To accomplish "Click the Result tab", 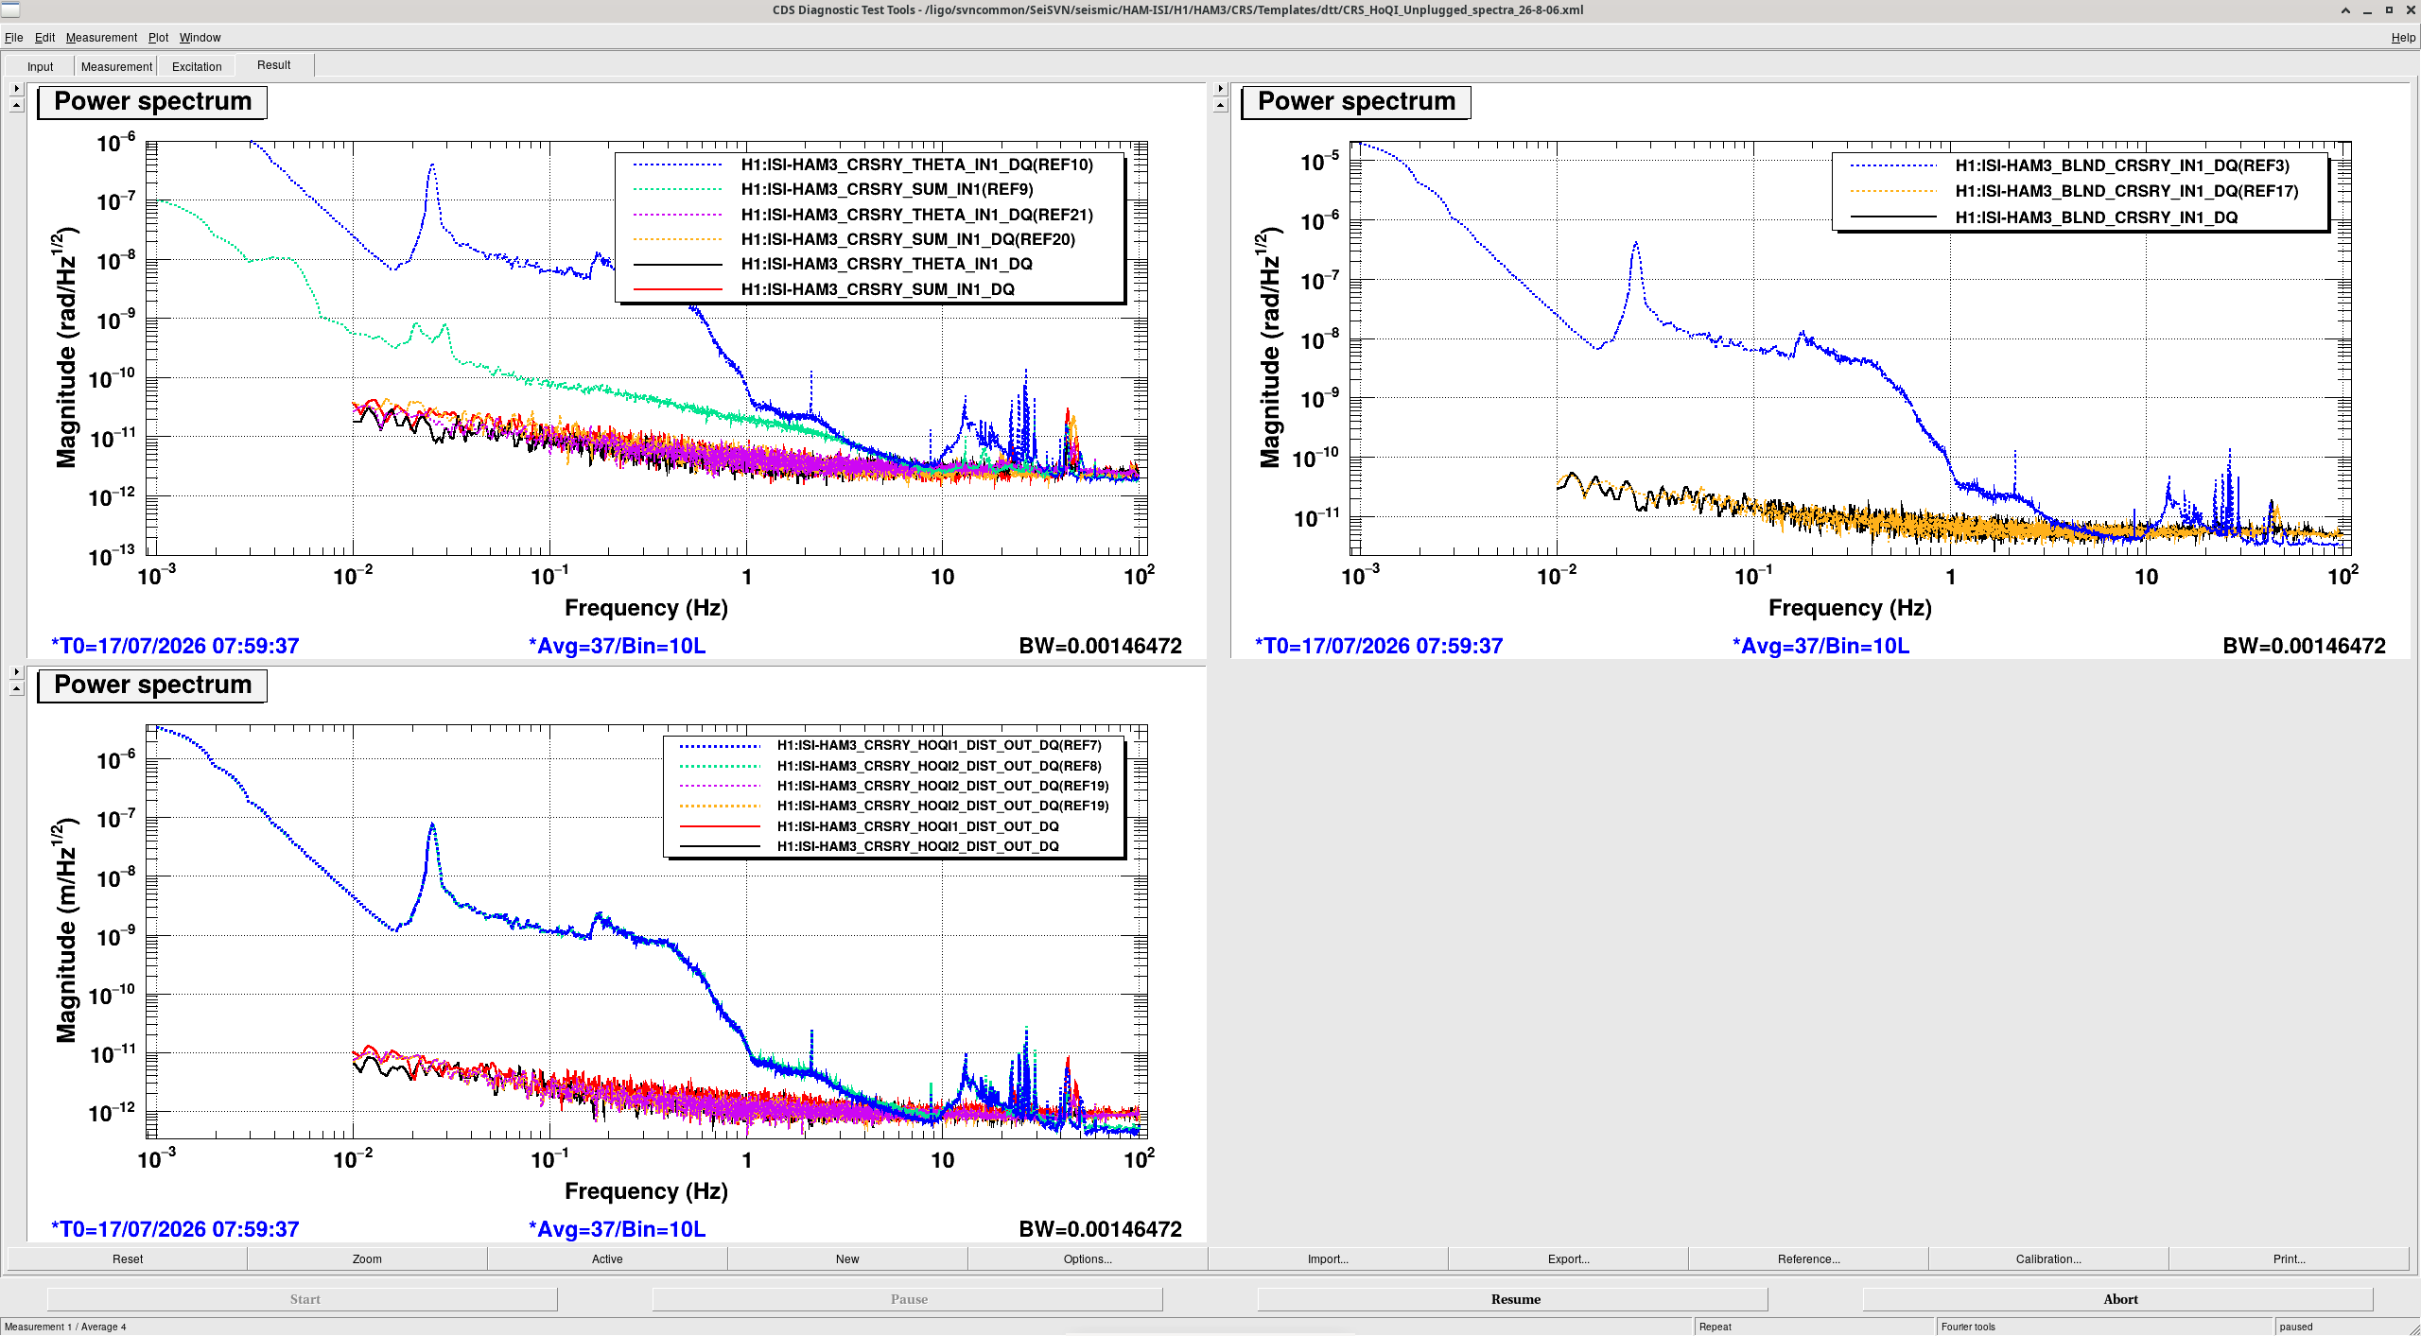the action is click(x=273, y=65).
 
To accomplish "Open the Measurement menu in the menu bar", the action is click(x=101, y=38).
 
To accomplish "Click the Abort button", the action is click(x=2119, y=1299).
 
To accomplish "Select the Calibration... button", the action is click(x=2047, y=1258).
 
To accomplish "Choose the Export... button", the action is click(x=1568, y=1258).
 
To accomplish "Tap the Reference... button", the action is click(x=1808, y=1258).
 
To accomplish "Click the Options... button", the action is click(x=1088, y=1258).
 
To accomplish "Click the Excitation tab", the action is click(x=197, y=66).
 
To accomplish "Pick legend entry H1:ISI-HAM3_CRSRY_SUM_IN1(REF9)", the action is click(x=887, y=189).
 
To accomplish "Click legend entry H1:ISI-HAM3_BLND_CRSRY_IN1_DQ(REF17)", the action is click(x=2127, y=191).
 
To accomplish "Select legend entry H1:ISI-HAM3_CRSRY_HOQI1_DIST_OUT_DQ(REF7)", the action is click(x=939, y=745).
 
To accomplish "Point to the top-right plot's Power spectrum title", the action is click(x=1356, y=101).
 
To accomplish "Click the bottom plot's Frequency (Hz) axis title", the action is click(x=646, y=1191).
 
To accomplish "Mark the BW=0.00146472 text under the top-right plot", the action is click(x=2304, y=646).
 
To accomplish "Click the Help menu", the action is click(x=2403, y=38).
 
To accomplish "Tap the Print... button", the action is click(x=2289, y=1258).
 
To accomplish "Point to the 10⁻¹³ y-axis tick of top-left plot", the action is click(x=112, y=555).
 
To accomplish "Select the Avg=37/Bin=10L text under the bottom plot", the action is click(x=617, y=1229).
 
